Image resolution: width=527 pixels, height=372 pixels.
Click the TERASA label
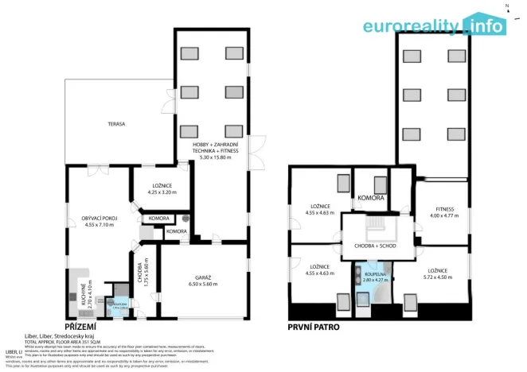point(116,124)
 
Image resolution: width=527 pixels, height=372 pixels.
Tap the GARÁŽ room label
point(202,277)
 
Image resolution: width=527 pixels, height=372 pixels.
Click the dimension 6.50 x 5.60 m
point(202,284)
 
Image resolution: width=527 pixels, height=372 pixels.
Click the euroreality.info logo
point(434,25)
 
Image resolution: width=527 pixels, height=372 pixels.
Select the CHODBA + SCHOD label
point(376,246)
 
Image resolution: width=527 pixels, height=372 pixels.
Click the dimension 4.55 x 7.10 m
point(100,224)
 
